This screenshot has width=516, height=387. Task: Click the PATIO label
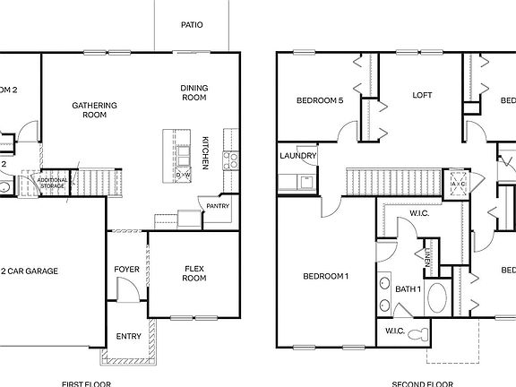click(x=191, y=24)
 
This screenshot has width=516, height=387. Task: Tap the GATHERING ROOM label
click(x=90, y=109)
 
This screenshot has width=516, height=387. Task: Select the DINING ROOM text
click(x=195, y=91)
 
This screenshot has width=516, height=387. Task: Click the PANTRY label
click(x=218, y=206)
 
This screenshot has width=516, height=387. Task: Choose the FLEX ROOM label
click(x=194, y=273)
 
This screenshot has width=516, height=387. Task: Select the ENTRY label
click(x=128, y=337)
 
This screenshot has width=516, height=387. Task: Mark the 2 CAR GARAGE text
click(x=34, y=270)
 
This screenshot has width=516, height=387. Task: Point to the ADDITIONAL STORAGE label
click(x=51, y=183)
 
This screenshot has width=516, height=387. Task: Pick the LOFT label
click(x=422, y=95)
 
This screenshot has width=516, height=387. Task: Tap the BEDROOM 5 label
click(x=320, y=100)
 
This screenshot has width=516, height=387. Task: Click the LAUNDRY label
click(x=297, y=156)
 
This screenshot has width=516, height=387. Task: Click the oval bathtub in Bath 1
click(x=439, y=297)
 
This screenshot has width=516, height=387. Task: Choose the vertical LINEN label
click(x=429, y=259)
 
